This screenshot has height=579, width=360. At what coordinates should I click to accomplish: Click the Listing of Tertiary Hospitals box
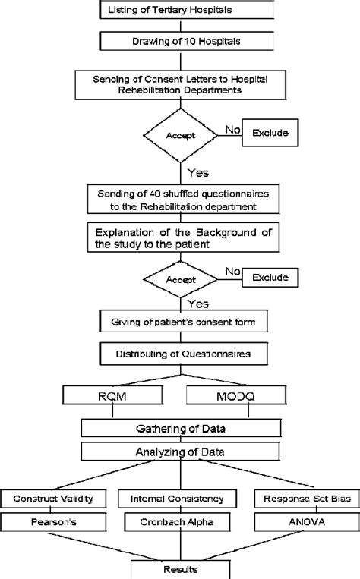click(187, 10)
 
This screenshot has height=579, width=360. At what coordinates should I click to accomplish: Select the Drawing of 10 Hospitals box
click(187, 41)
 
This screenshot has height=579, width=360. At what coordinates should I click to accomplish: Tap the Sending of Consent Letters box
click(180, 85)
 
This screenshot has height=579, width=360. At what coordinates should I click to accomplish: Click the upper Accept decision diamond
click(180, 136)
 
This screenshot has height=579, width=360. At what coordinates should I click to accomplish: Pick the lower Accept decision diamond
click(180, 279)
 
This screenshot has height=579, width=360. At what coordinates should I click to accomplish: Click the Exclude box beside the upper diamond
click(270, 133)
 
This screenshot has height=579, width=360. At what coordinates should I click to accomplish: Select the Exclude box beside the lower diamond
click(270, 277)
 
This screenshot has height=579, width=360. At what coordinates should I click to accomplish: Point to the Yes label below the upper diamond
click(198, 173)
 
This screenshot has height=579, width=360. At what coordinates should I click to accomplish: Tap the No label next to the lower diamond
click(233, 272)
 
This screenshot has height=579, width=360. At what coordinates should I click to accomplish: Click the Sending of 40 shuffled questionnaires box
click(183, 200)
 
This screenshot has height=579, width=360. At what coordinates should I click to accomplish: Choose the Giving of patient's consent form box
click(184, 322)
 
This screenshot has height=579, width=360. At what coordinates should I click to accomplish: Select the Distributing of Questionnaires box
click(184, 354)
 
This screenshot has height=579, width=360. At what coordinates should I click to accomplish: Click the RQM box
click(112, 396)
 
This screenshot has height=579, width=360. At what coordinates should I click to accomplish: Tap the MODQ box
click(235, 396)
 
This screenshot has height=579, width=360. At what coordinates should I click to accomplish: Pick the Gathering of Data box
click(181, 428)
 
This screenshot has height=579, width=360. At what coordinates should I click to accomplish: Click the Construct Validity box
click(53, 499)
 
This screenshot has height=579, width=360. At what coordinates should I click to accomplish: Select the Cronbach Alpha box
click(177, 522)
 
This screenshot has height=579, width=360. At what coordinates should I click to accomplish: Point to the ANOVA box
click(307, 522)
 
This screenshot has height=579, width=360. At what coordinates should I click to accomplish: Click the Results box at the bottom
click(180, 570)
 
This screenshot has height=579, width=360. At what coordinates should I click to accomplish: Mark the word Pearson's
click(54, 522)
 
